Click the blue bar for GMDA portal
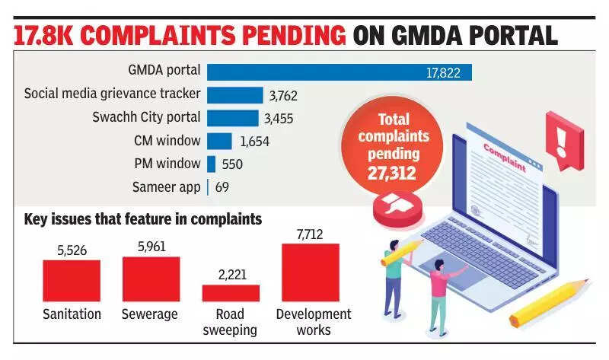(x=340, y=72)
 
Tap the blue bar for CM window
(x=219, y=141)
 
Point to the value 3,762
(x=282, y=96)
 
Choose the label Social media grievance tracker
(x=113, y=94)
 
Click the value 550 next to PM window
(x=232, y=164)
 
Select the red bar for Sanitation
(x=72, y=281)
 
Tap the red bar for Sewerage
(x=151, y=279)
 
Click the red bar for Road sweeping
(x=231, y=293)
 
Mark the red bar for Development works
(x=310, y=272)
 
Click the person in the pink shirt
(x=440, y=285)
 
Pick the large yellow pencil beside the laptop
(x=549, y=302)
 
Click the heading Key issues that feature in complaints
(x=143, y=219)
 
